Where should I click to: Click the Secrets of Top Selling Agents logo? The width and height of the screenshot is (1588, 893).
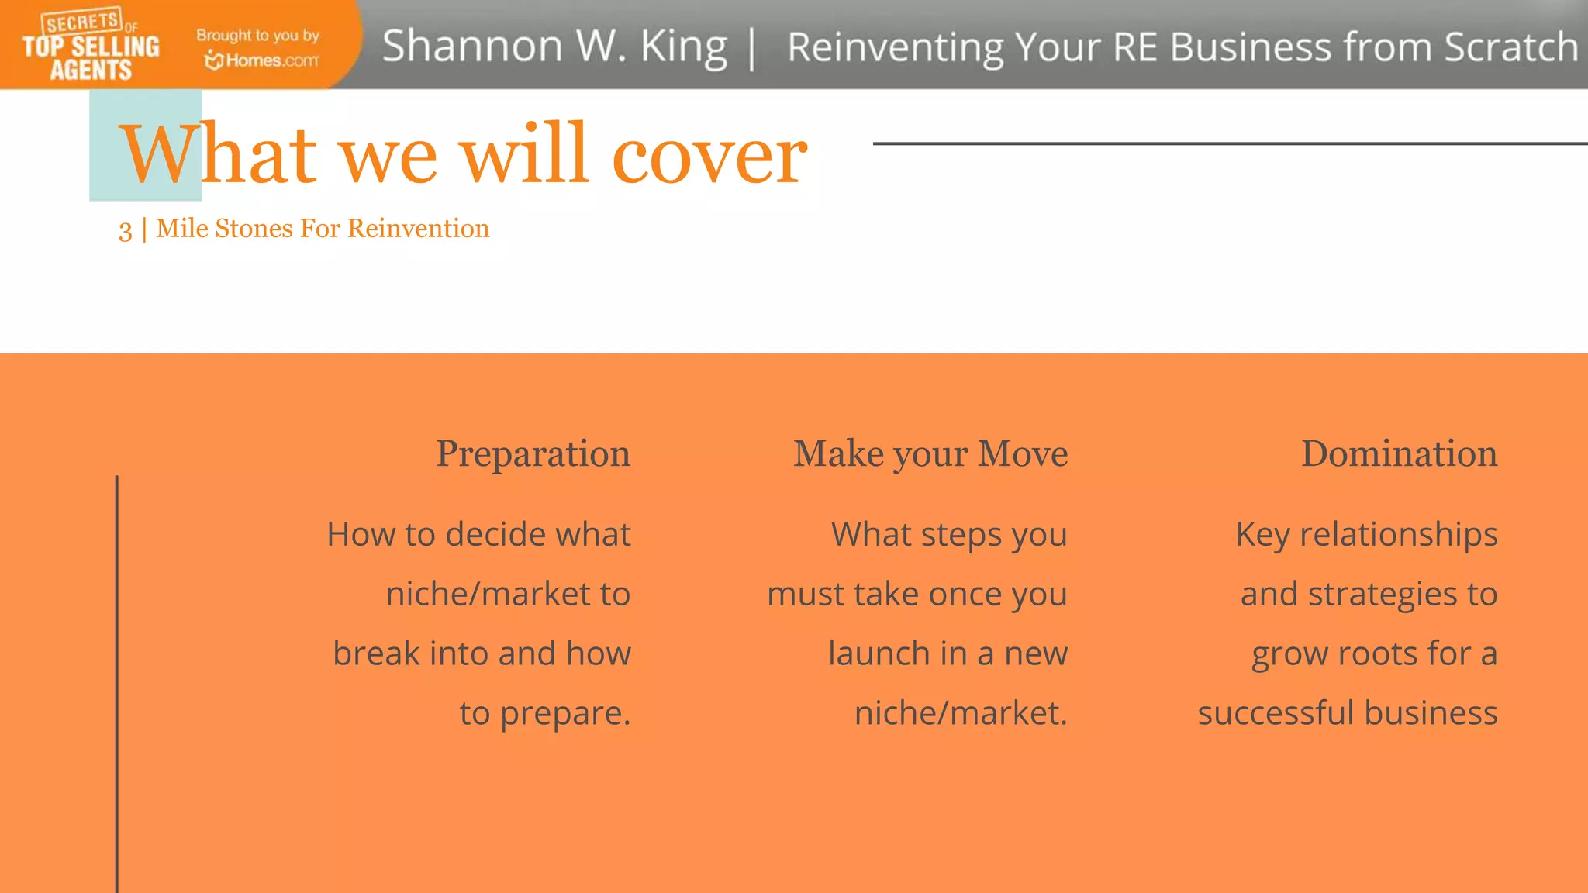(91, 45)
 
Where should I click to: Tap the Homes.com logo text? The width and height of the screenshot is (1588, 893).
(262, 60)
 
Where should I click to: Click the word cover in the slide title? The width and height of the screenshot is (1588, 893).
(709, 155)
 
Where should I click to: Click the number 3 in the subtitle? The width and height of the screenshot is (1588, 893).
(125, 230)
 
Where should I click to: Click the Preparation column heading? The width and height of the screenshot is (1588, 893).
(533, 453)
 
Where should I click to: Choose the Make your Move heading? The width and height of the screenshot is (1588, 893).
(930, 453)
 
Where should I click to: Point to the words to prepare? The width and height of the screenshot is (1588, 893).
(544, 713)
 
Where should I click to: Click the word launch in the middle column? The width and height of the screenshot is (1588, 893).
(878, 653)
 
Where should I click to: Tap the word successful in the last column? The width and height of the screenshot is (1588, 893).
(1276, 713)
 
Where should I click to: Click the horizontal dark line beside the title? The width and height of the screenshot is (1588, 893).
(1229, 143)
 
